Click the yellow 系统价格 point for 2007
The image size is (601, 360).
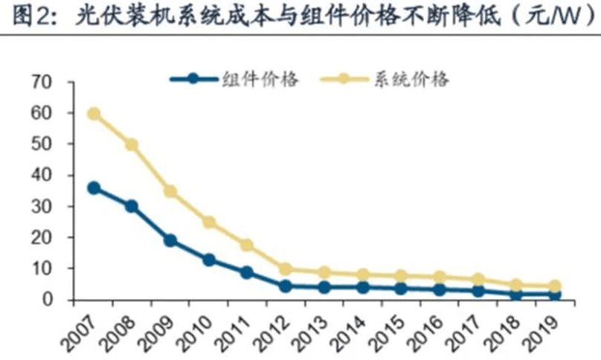[94, 114]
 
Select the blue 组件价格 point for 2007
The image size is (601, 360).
[94, 188]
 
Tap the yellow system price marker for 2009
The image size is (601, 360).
[170, 191]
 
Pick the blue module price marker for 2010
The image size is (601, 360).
[209, 260]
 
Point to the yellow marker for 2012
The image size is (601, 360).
[285, 269]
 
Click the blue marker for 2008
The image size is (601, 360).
[132, 206]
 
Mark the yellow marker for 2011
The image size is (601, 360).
[247, 245]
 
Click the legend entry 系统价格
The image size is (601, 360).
[408, 79]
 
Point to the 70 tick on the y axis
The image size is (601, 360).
[40, 82]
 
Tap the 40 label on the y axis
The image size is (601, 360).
[40, 176]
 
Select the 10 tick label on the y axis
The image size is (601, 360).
[40, 269]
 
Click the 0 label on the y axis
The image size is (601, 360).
[46, 300]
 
